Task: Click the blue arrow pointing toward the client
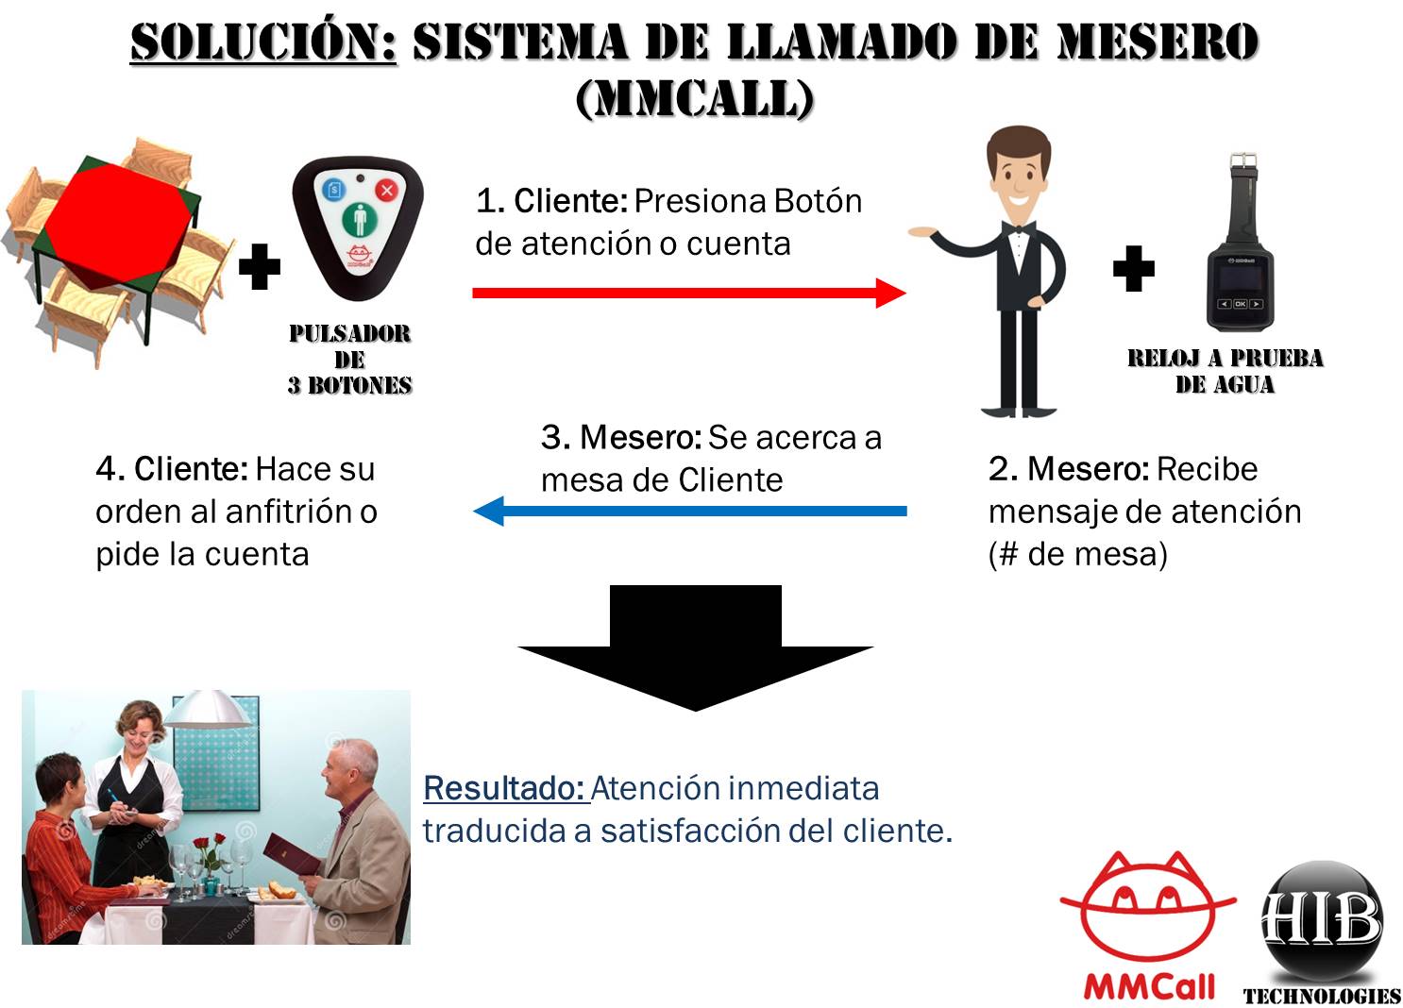pyautogui.click(x=689, y=512)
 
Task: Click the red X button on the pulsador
pyautogui.click(x=387, y=191)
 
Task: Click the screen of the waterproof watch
pyautogui.click(x=1239, y=280)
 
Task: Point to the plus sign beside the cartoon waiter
pyautogui.click(x=1133, y=269)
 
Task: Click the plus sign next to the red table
pyautogui.click(x=260, y=267)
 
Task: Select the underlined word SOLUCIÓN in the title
pyautogui.click(x=263, y=43)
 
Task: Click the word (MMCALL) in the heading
pyautogui.click(x=695, y=97)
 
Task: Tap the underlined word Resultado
pyautogui.click(x=505, y=788)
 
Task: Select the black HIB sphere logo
pyautogui.click(x=1322, y=920)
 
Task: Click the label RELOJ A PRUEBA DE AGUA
pyautogui.click(x=1225, y=371)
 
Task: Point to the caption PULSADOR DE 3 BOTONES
pyautogui.click(x=350, y=360)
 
